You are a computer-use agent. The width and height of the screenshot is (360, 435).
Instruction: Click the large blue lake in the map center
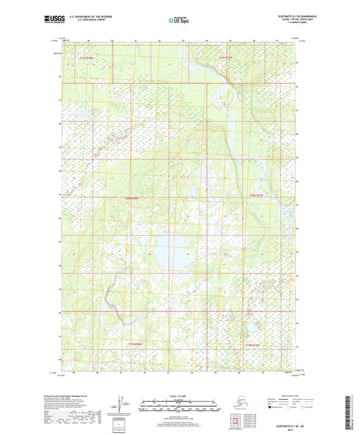coord(169,250)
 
